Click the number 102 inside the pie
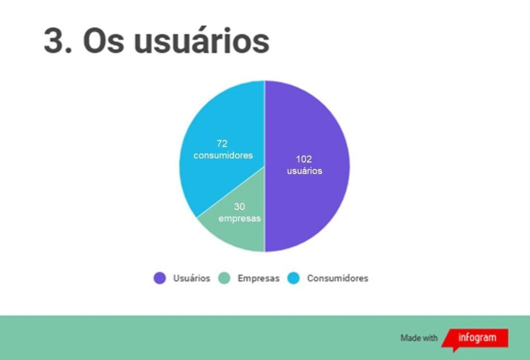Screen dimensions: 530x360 (304, 159)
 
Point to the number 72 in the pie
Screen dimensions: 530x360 (222, 143)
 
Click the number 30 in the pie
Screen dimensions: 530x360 (239, 206)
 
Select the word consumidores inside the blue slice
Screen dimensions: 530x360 (223, 155)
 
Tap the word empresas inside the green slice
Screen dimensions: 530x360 (240, 218)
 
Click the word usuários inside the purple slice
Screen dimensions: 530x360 (304, 171)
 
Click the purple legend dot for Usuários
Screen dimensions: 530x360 (159, 278)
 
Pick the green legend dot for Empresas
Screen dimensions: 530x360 (224, 278)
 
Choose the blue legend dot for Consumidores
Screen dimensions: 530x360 (293, 278)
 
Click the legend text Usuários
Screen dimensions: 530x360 (192, 278)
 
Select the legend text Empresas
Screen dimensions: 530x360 (259, 278)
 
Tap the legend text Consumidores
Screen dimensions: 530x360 (337, 278)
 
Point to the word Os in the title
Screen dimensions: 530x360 (104, 41)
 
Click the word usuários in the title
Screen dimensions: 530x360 (201, 40)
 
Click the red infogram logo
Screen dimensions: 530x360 (475, 339)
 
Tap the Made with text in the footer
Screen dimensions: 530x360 (419, 338)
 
